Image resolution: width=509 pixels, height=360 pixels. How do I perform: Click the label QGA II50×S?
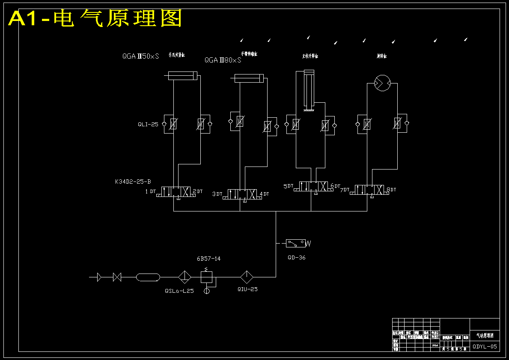(140, 56)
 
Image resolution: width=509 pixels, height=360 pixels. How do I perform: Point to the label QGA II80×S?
(223, 60)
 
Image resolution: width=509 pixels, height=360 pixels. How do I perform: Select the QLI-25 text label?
(148, 125)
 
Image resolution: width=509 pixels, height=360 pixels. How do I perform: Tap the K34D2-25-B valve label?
(133, 181)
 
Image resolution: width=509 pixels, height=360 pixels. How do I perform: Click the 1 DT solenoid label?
(150, 191)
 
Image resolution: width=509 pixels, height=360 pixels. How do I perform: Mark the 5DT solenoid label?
(289, 186)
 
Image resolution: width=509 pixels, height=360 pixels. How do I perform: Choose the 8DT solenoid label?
(391, 189)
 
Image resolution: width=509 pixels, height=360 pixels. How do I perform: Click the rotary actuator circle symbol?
(382, 83)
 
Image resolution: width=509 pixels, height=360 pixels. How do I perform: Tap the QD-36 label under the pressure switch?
(297, 258)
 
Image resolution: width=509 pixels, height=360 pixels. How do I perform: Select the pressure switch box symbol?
(296, 243)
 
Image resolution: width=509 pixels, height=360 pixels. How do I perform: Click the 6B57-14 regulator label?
(208, 259)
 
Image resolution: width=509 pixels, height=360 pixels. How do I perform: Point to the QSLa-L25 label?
(179, 291)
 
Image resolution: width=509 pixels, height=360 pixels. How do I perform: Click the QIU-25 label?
(247, 289)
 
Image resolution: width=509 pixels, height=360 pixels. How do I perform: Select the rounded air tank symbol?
(148, 277)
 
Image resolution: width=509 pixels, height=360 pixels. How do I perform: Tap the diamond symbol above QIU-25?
(247, 277)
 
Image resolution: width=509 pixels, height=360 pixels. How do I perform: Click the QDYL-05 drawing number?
(485, 347)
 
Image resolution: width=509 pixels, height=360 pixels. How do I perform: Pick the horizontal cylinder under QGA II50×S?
(182, 76)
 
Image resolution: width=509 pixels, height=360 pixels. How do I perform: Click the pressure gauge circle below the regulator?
(207, 291)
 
